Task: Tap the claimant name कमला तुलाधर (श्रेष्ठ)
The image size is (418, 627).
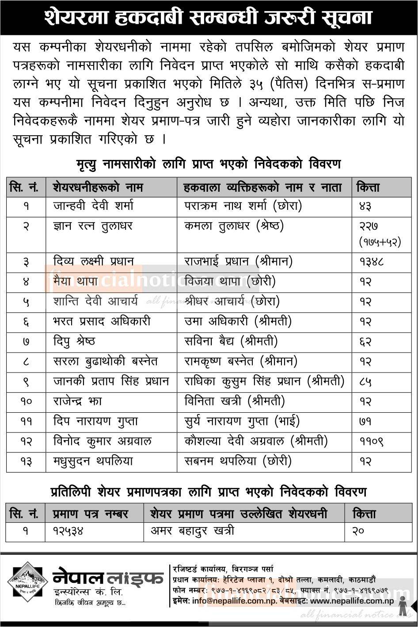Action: click(x=234, y=226)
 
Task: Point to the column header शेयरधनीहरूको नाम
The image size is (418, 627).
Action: click(x=98, y=187)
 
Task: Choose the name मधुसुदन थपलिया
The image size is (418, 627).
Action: click(x=93, y=461)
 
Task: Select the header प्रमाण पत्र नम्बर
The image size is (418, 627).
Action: click(x=90, y=514)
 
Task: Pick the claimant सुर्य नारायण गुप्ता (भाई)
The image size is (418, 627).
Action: click(x=241, y=421)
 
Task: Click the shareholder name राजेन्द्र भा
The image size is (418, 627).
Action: click(x=77, y=401)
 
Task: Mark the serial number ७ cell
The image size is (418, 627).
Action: click(x=26, y=342)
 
